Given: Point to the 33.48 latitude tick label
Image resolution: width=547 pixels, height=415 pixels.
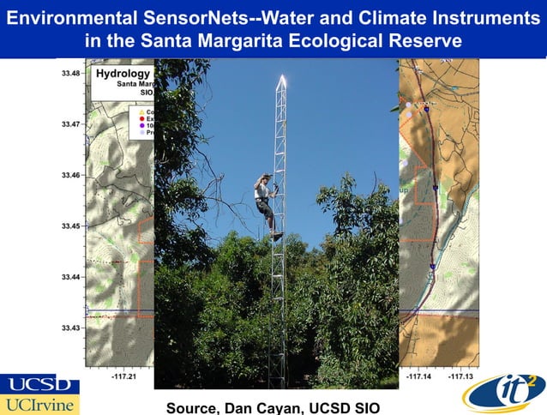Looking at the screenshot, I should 71,74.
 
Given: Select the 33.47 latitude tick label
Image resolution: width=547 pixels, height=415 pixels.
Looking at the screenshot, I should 71,124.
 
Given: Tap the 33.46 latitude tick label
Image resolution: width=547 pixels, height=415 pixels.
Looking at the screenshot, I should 71,176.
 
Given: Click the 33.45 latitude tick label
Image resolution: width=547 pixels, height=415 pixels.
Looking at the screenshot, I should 71,226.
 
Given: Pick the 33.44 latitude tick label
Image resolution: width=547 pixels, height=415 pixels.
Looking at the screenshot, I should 71,277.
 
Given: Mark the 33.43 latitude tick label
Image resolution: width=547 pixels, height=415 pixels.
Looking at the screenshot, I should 71,328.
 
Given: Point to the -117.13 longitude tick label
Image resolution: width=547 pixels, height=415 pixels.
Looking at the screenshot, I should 460,376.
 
